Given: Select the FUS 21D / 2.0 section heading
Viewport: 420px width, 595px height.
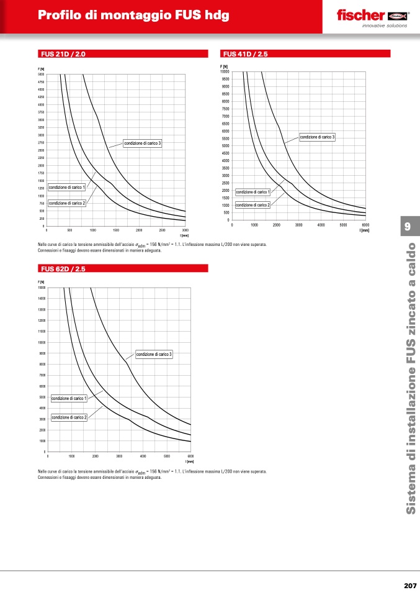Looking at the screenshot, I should tap(63, 54).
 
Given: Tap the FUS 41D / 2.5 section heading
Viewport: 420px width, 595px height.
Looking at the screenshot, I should tap(245, 54).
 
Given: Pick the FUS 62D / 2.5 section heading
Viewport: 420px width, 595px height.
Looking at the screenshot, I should tap(63, 269).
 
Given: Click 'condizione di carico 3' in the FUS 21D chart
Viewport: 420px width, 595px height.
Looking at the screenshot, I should tap(142, 143).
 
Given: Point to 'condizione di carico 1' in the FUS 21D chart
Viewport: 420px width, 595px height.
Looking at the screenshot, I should tap(66, 187).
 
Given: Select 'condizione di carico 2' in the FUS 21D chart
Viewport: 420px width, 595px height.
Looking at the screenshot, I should tap(66, 203).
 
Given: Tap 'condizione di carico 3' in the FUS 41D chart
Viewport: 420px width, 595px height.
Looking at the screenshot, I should tap(318, 137).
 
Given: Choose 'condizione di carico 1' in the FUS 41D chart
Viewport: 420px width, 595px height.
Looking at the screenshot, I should tap(252, 192).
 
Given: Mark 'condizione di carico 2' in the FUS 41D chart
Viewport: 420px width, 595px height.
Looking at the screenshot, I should tap(252, 205).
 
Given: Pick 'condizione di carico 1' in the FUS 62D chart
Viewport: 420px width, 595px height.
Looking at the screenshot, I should tap(69, 398).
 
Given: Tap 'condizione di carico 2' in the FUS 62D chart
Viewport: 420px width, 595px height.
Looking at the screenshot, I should tap(69, 417).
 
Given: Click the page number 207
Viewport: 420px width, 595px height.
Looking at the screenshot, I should tap(409, 585).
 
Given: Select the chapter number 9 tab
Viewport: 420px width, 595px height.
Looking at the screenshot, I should tap(408, 225).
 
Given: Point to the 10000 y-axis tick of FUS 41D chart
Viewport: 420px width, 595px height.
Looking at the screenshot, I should tap(225, 71).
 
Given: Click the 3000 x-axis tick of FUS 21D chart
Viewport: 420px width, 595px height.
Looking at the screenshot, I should tap(185, 230).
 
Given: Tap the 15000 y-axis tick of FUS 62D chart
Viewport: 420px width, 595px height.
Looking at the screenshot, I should tap(42, 288).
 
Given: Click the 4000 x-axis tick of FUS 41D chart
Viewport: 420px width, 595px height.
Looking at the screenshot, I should tap(321, 225).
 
